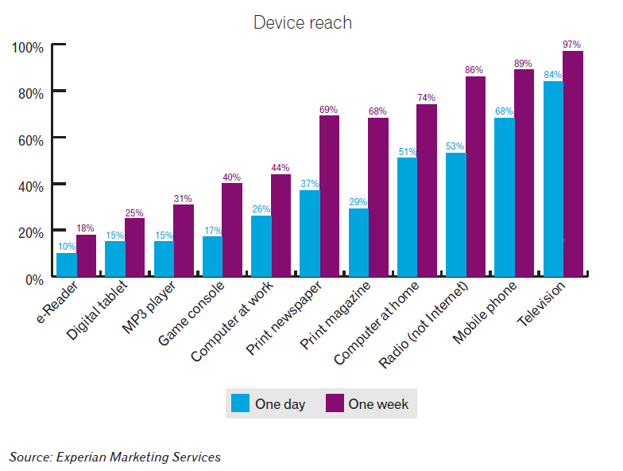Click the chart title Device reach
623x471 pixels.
tap(302, 22)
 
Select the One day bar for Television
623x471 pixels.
tap(553, 179)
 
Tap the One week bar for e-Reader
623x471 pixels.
tap(86, 255)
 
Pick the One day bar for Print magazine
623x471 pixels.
tap(358, 243)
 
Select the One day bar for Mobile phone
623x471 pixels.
tap(505, 197)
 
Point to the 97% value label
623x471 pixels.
tap(572, 45)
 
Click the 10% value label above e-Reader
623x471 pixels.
tap(67, 247)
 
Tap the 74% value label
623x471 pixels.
tap(427, 98)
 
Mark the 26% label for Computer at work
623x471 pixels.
tap(261, 210)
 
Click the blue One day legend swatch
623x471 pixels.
tap(240, 403)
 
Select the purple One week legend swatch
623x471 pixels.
tap(335, 403)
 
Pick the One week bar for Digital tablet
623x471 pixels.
tap(134, 247)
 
